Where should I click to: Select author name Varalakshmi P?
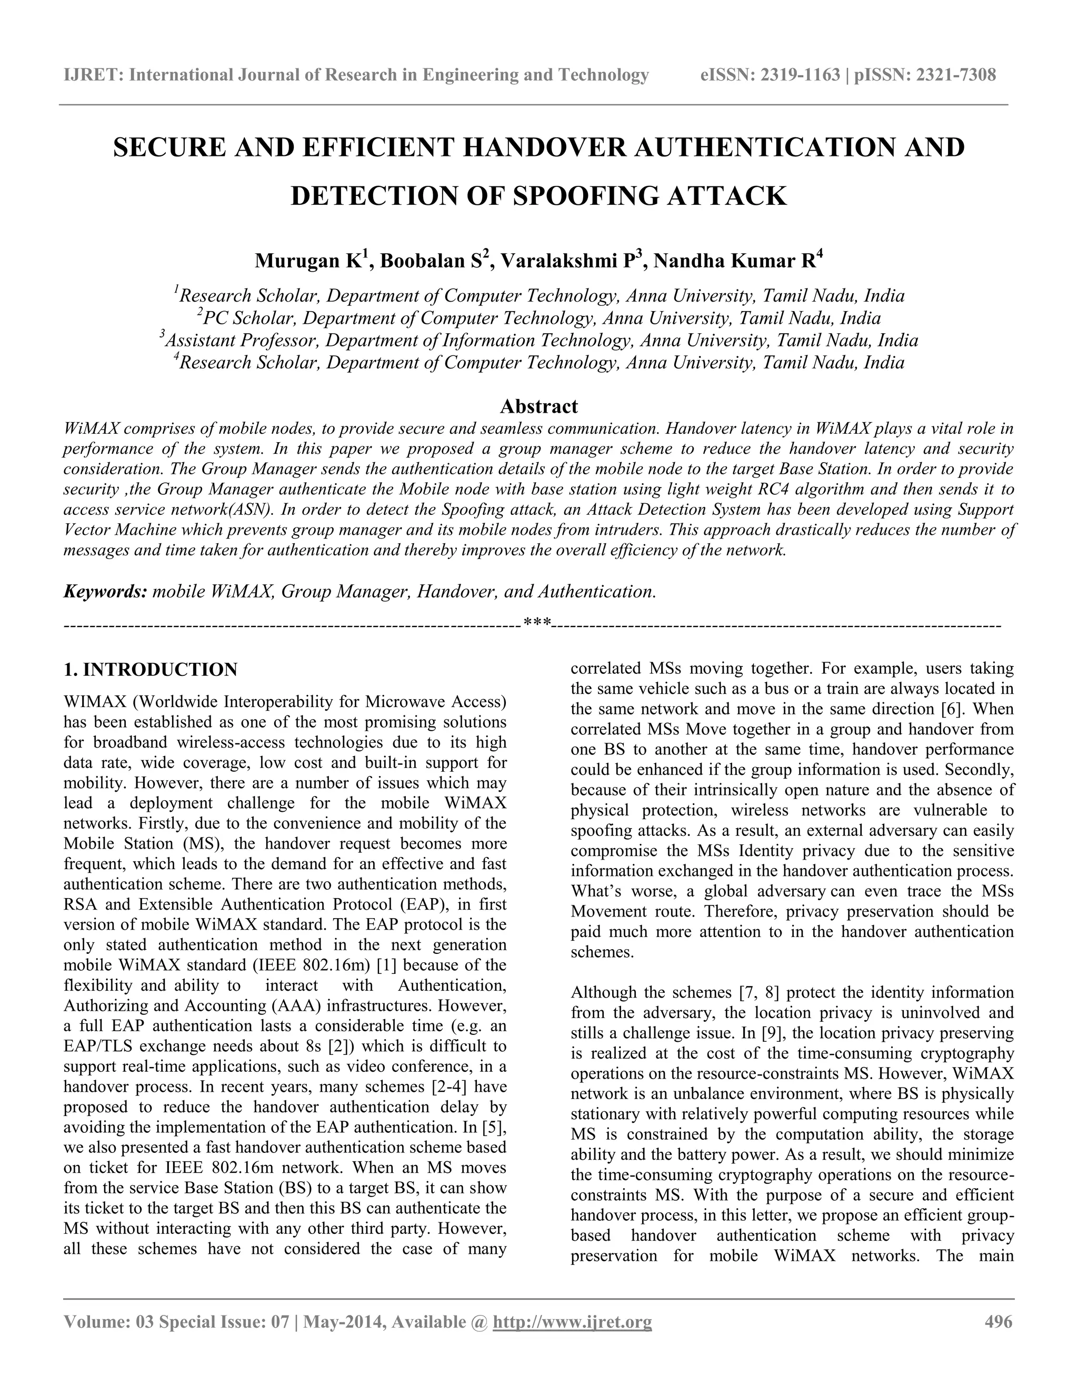(x=566, y=261)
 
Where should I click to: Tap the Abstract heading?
(x=538, y=406)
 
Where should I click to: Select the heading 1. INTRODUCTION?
(x=151, y=670)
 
